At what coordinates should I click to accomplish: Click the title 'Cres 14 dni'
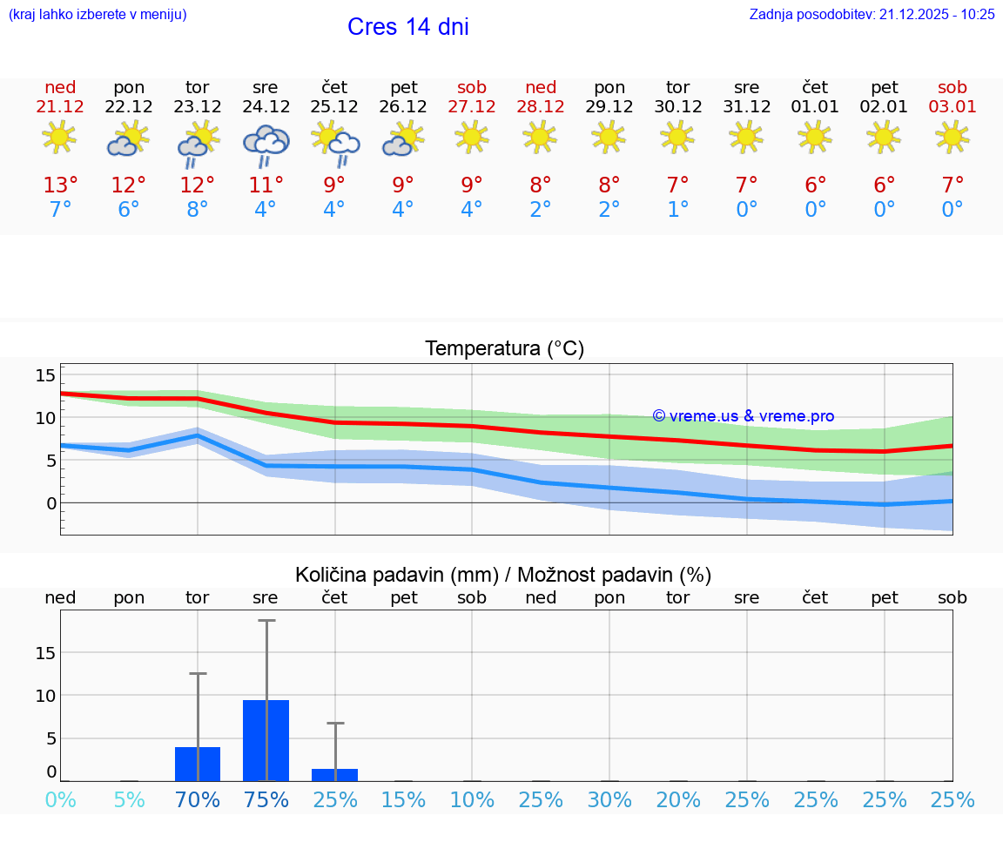click(x=407, y=27)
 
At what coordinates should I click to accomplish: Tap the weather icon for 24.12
click(x=266, y=143)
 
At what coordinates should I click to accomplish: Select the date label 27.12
click(x=472, y=107)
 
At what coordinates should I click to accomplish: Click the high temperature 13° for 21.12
click(x=60, y=185)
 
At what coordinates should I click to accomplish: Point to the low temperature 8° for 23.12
click(x=198, y=210)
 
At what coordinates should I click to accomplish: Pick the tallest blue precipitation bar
click(x=266, y=740)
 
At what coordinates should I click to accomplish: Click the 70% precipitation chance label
click(x=198, y=799)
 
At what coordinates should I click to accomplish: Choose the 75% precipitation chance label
click(x=266, y=799)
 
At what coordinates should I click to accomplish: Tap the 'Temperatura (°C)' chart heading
click(x=504, y=349)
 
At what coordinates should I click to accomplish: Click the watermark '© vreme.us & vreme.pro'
click(x=744, y=416)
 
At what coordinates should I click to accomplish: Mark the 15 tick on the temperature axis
click(x=45, y=375)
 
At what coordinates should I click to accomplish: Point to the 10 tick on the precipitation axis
click(x=45, y=695)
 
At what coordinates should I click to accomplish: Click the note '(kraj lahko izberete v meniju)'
click(x=98, y=15)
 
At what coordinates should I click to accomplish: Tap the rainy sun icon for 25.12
click(x=334, y=143)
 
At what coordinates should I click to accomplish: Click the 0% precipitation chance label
click(x=60, y=799)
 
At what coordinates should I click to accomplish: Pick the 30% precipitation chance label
click(x=609, y=799)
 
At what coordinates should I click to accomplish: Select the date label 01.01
click(x=815, y=107)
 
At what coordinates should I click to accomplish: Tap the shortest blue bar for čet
click(x=334, y=774)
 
